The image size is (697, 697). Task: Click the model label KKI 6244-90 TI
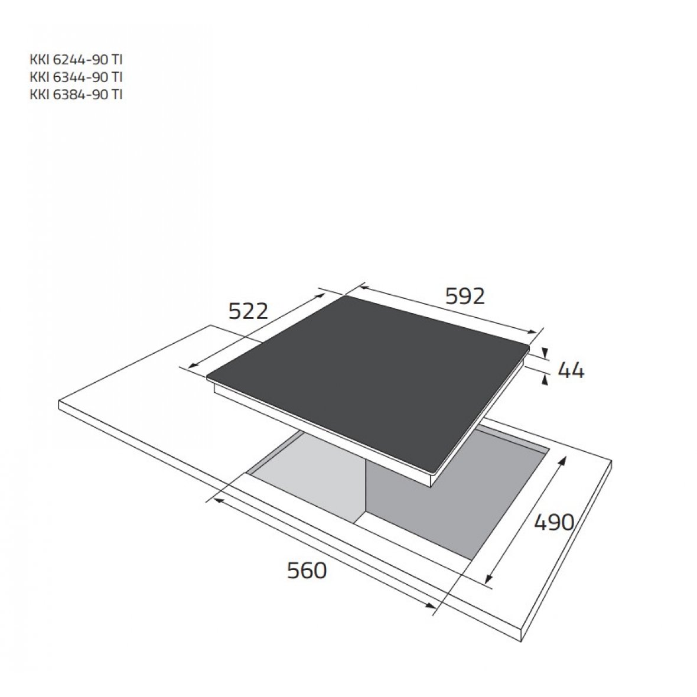tap(76, 60)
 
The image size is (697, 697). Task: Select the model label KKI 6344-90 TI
tap(76, 77)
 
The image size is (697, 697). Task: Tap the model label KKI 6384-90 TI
tap(76, 95)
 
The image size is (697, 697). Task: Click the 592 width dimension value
tap(465, 296)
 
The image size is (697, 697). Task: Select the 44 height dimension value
tap(571, 370)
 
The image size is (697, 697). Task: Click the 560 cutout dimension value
tap(307, 571)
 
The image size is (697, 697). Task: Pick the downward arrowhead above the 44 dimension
tap(545, 353)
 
